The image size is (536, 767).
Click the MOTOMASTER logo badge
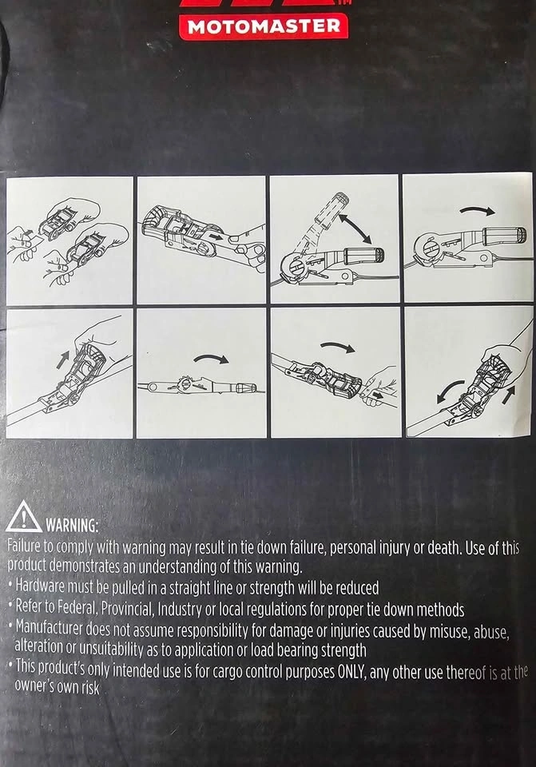[x=264, y=26]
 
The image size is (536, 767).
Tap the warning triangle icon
[x=23, y=517]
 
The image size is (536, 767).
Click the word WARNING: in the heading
[x=72, y=526]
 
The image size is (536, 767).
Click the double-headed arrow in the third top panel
[x=355, y=229]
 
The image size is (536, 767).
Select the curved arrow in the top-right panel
[x=478, y=210]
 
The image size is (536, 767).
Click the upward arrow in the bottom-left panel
[x=62, y=360]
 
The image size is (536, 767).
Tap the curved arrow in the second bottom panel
[x=211, y=359]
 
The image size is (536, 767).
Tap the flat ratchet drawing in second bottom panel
[x=201, y=387]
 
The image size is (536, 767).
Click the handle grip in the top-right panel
[x=504, y=235]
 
